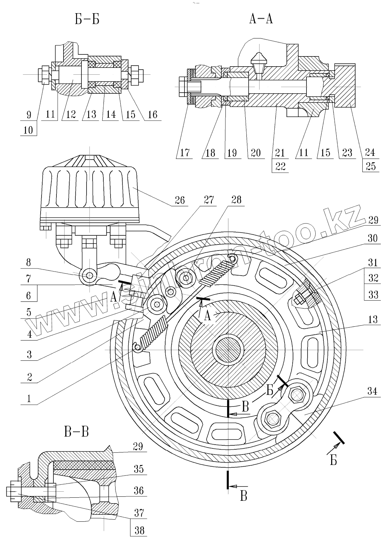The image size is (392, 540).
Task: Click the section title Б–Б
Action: point(87,19)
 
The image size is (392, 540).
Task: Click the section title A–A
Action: point(261,19)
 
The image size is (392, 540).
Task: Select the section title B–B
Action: point(76,432)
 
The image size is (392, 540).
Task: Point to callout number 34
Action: point(372,392)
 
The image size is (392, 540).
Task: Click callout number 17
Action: point(185,153)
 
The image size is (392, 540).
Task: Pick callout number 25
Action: point(371,166)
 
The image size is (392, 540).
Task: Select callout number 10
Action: point(28,130)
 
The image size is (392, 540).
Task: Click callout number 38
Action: point(139,531)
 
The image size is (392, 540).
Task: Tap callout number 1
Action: point(29,399)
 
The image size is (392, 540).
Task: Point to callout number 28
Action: point(237,200)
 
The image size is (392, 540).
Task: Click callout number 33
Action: point(373,295)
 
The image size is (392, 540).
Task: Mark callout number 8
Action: point(28,262)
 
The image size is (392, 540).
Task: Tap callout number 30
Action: point(372,238)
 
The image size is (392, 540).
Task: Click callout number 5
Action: point(28,313)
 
